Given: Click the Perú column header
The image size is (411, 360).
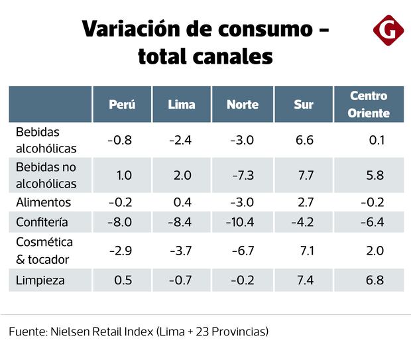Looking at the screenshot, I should pos(123,105).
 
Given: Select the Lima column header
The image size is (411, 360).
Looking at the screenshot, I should pos(182,105).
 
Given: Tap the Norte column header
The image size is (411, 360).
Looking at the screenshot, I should pos(242,105).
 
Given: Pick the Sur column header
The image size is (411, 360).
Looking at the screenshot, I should pos(304,105).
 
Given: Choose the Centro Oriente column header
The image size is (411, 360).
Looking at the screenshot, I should pos(369,105).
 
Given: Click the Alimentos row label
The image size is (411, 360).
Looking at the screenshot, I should pos(43,202).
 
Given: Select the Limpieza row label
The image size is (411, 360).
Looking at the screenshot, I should pos(40,280).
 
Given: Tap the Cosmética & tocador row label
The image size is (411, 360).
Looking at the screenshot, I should pos(44,251).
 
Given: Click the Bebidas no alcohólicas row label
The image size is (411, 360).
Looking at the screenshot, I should pos(46,175).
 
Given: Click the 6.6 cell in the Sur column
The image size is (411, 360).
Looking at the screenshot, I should pos(305,140).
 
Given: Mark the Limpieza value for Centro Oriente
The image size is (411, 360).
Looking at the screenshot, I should pos(375,280).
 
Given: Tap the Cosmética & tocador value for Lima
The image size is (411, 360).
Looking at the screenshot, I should pos(180,251).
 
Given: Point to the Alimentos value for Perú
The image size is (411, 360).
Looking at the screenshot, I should pos(120,202).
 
